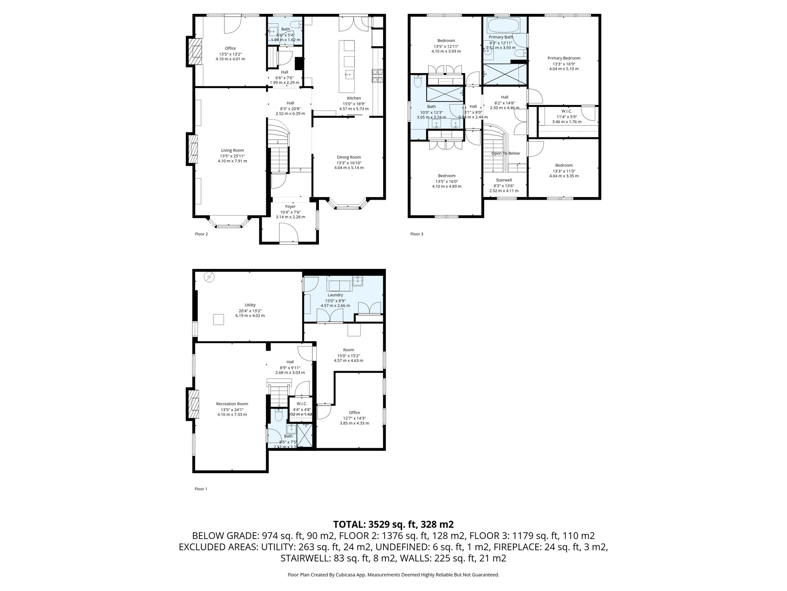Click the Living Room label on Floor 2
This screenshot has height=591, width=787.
[232, 150]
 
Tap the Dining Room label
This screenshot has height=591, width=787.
[349, 157]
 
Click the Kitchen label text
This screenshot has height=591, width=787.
[354, 98]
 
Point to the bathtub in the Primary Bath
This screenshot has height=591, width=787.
[503, 26]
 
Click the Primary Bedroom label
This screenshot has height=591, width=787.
[564, 58]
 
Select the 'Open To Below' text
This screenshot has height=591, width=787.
[505, 153]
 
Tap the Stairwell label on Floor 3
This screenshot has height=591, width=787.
[503, 180]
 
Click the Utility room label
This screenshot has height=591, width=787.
[250, 305]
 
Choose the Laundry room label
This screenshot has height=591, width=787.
[335, 295]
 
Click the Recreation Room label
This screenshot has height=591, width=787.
[232, 404]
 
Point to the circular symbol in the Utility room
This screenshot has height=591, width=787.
[209, 277]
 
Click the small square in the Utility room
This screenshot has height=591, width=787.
[218, 319]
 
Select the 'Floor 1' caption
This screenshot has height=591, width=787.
[201, 489]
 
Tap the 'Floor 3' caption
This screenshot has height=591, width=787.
[417, 234]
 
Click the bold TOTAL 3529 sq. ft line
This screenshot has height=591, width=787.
[393, 524]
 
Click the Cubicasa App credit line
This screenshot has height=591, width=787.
[393, 575]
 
